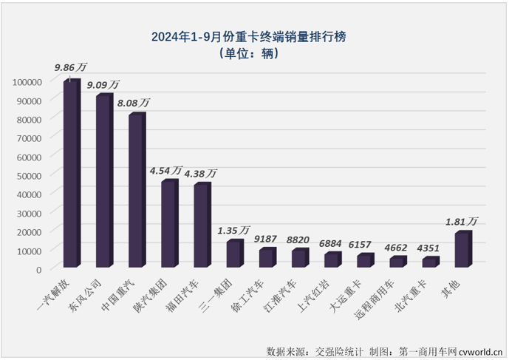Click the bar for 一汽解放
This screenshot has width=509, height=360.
click(x=71, y=174)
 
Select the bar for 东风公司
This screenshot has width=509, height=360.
click(x=104, y=181)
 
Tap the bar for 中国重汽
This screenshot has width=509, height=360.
click(x=137, y=191)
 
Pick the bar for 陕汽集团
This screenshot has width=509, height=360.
click(x=169, y=224)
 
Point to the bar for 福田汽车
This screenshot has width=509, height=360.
click(x=202, y=225)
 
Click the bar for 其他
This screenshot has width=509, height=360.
click(x=462, y=251)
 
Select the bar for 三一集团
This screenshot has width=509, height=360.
click(x=234, y=254)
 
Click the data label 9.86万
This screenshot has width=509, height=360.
click(x=69, y=68)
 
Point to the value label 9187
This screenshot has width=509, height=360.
click(x=266, y=239)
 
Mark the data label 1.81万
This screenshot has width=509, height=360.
click(x=461, y=221)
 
